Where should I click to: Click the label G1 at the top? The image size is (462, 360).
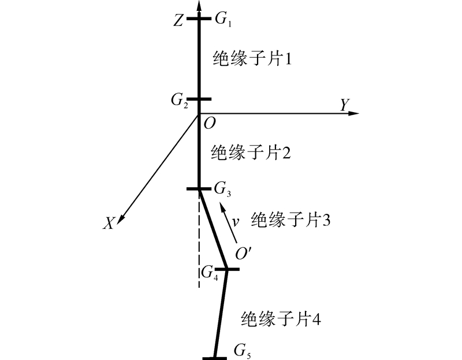coord(222,20)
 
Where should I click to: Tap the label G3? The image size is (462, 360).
coord(222,188)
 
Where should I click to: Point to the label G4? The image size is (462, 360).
coord(210,272)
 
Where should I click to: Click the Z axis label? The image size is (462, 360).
coord(178,21)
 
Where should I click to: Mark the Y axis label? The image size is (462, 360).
coord(344,104)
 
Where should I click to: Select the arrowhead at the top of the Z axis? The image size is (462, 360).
coord(199,5)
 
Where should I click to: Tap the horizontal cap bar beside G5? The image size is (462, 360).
coord(216,358)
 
